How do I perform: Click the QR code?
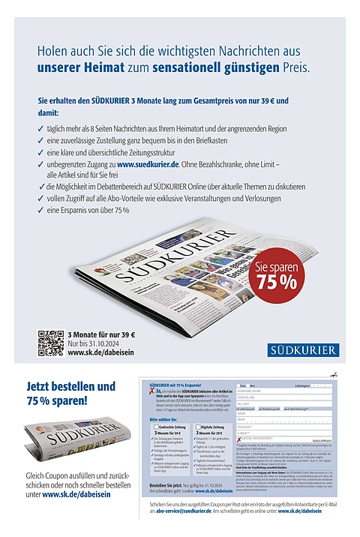(50, 342)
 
